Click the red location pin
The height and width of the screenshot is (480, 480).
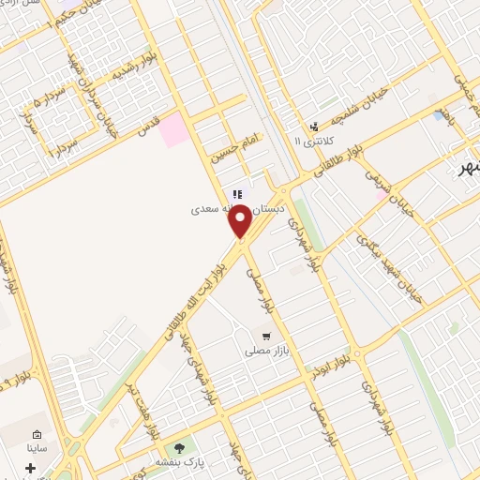click(240, 220)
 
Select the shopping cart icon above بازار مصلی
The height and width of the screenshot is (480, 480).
click(267, 336)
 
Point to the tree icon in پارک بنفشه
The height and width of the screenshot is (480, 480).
click(180, 447)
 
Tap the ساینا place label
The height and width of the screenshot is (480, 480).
click(39, 450)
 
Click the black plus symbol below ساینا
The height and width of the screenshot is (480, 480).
click(31, 467)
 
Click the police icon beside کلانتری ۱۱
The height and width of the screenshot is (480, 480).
click(314, 127)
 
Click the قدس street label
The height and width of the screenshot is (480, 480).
click(148, 128)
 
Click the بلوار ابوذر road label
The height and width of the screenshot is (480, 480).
click(335, 361)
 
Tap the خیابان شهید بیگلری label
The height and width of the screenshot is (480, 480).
click(390, 267)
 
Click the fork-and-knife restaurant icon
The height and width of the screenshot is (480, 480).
click(238, 193)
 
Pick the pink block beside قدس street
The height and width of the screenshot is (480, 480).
click(174, 129)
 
